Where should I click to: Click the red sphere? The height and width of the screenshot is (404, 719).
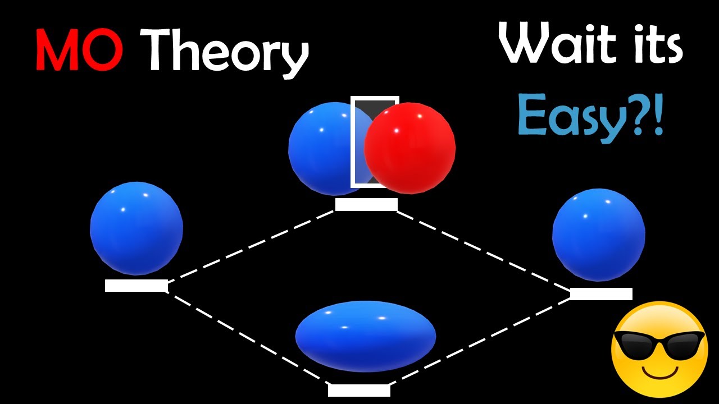click(x=410, y=148)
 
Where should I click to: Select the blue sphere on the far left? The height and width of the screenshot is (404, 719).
click(x=136, y=228)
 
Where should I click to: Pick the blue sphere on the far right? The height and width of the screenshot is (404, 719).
click(x=599, y=235)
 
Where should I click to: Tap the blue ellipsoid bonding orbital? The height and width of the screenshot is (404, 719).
click(x=366, y=336)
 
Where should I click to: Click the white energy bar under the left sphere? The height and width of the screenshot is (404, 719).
click(x=136, y=286)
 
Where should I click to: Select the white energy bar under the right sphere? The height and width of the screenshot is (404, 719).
click(x=601, y=293)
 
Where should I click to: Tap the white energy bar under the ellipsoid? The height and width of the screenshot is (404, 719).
click(x=359, y=390)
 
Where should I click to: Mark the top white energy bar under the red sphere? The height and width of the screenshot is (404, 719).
click(x=366, y=205)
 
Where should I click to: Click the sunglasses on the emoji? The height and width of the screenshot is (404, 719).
click(x=659, y=345)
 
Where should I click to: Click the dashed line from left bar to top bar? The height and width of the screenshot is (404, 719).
click(x=251, y=246)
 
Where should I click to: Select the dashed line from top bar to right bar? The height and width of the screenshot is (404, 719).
click(x=484, y=251)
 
